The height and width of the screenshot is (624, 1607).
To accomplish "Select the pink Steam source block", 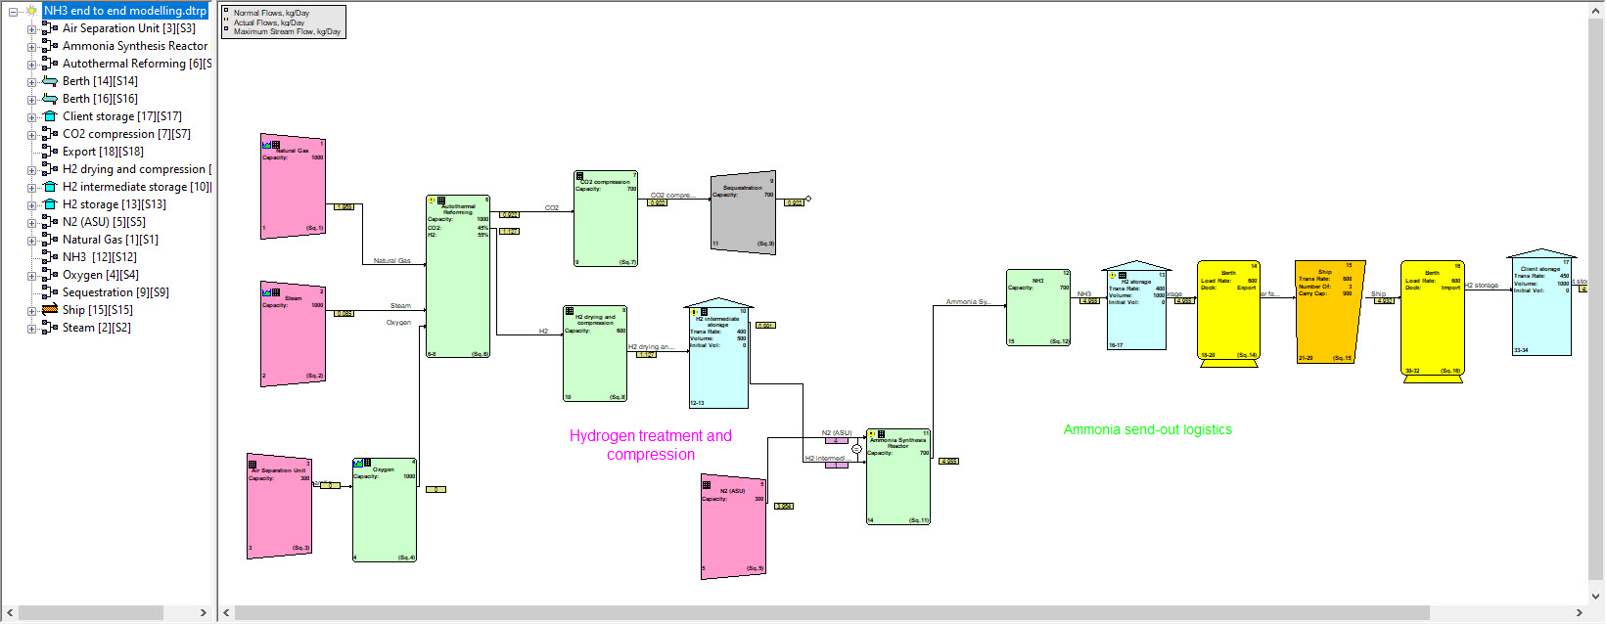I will click(293, 337).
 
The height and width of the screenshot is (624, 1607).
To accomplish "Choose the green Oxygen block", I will click(385, 513).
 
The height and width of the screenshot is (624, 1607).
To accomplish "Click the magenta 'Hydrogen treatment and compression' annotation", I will click(651, 445).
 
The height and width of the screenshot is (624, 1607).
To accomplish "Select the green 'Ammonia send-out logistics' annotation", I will click(1147, 429).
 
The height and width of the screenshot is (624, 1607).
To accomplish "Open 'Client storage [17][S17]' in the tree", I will click(121, 116).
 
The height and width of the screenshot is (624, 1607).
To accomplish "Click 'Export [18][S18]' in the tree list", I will click(103, 152).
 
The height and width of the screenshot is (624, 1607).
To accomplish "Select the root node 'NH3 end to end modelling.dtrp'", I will click(125, 11).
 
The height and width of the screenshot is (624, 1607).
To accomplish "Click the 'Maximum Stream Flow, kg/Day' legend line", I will click(287, 32).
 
